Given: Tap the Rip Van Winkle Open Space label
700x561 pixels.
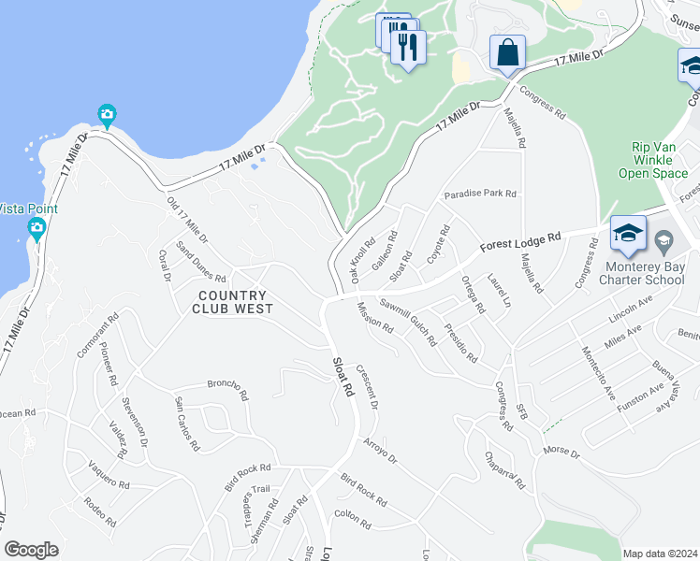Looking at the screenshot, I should click(652, 160).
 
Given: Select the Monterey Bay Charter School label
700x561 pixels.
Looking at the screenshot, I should click(641, 271).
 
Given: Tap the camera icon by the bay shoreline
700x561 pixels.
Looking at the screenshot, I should click(107, 116).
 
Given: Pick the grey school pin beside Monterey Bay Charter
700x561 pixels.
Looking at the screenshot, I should click(664, 241).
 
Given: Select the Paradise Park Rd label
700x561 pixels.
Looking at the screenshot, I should click(480, 194).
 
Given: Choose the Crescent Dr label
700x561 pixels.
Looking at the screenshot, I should click(367, 387).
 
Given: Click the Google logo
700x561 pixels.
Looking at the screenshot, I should click(31, 550).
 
